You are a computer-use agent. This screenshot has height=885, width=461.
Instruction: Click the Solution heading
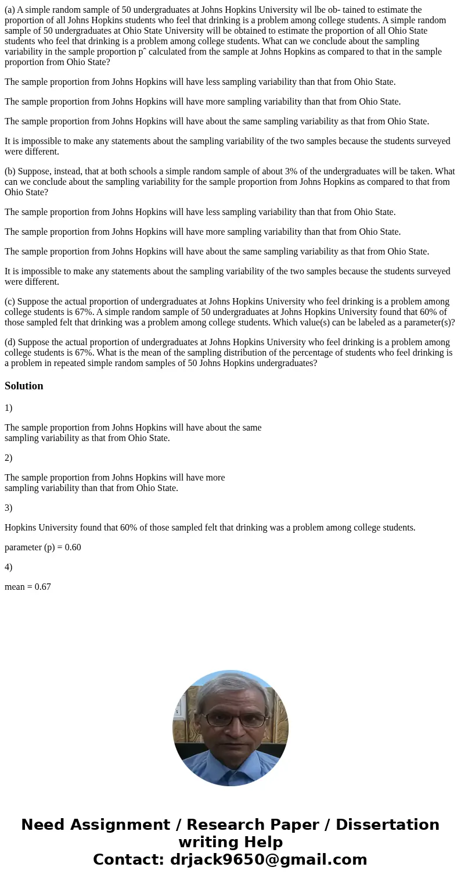coord(24,386)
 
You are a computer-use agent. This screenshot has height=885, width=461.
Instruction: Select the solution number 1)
coord(9,408)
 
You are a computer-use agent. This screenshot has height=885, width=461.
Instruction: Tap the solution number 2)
coord(9,458)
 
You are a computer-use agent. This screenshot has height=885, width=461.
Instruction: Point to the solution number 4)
coord(9,567)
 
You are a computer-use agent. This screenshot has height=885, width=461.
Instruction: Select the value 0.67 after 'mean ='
coord(42,587)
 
